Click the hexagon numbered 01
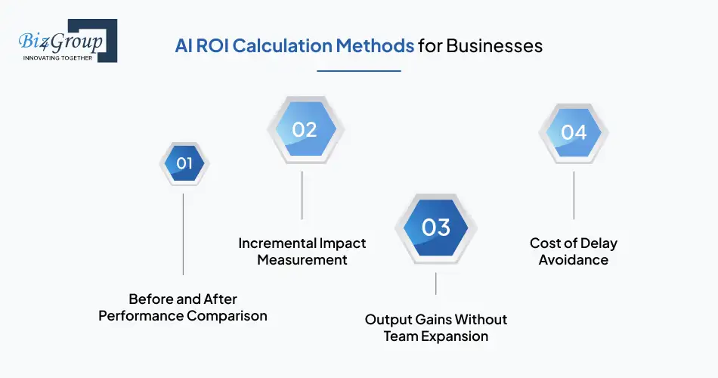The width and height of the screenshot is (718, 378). pyautogui.click(x=184, y=163)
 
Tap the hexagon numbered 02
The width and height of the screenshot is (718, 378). pyautogui.click(x=304, y=130)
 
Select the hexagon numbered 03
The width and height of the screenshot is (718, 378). pyautogui.click(x=436, y=228)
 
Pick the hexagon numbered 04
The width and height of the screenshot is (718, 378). pyautogui.click(x=574, y=132)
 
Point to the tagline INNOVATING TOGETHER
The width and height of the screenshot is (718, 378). pyautogui.click(x=57, y=57)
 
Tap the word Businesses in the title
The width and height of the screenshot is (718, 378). pyautogui.click(x=494, y=45)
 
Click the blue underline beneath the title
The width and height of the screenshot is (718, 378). pyautogui.click(x=358, y=71)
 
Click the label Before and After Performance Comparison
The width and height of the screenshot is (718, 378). pyautogui.click(x=183, y=308)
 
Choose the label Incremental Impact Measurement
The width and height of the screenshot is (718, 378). pyautogui.click(x=302, y=251)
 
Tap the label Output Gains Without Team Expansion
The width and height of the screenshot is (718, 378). pyautogui.click(x=436, y=327)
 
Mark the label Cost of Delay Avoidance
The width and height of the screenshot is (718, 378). pyautogui.click(x=574, y=251)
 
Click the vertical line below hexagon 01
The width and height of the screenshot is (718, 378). pyautogui.click(x=184, y=234)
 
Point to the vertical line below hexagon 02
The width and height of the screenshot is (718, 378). pyautogui.click(x=302, y=195)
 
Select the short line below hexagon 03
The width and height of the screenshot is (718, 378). pyautogui.click(x=436, y=283)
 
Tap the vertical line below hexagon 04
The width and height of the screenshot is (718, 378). pyautogui.click(x=574, y=195)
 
